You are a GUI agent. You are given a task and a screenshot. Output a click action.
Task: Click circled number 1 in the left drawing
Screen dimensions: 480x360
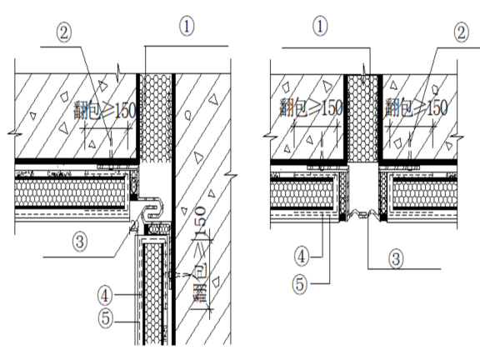coord(187,27)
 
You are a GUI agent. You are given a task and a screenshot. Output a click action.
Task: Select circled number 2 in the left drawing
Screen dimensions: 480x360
coord(63,33)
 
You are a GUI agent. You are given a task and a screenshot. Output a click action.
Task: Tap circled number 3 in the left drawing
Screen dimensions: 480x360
coord(80,242)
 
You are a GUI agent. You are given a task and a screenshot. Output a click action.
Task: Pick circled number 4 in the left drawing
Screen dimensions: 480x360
coord(105,296)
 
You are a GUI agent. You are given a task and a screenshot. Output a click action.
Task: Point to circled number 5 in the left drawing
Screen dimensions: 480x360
coord(106,317)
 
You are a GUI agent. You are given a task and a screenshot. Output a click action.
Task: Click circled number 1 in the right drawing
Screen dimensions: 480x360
coord(320,27)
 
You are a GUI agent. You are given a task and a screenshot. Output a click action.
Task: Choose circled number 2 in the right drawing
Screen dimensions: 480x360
coord(462,32)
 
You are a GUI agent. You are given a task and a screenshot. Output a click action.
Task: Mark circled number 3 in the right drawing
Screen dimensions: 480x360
coord(396,258)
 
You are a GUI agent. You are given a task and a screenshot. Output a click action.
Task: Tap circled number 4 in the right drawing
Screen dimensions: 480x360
coord(302,257)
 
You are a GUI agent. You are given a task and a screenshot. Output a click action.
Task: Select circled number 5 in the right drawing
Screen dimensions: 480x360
coord(300,284)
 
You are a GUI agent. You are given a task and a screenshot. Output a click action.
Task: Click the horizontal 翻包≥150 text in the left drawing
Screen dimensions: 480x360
coord(104,111)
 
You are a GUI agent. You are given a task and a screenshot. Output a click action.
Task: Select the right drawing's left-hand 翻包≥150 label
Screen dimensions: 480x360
coord(311,107)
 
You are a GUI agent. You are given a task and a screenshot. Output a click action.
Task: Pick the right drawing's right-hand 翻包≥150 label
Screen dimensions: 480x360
coord(417,107)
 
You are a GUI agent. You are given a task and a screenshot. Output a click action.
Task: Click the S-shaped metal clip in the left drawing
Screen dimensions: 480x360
coord(152,208)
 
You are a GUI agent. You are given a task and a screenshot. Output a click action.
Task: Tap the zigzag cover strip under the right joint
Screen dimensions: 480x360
coord(363,213)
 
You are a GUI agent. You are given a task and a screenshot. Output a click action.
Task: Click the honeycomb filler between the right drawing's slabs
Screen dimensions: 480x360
coord(363,118)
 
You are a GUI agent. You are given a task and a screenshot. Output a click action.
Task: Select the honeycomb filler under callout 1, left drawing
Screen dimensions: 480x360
coord(156,117)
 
